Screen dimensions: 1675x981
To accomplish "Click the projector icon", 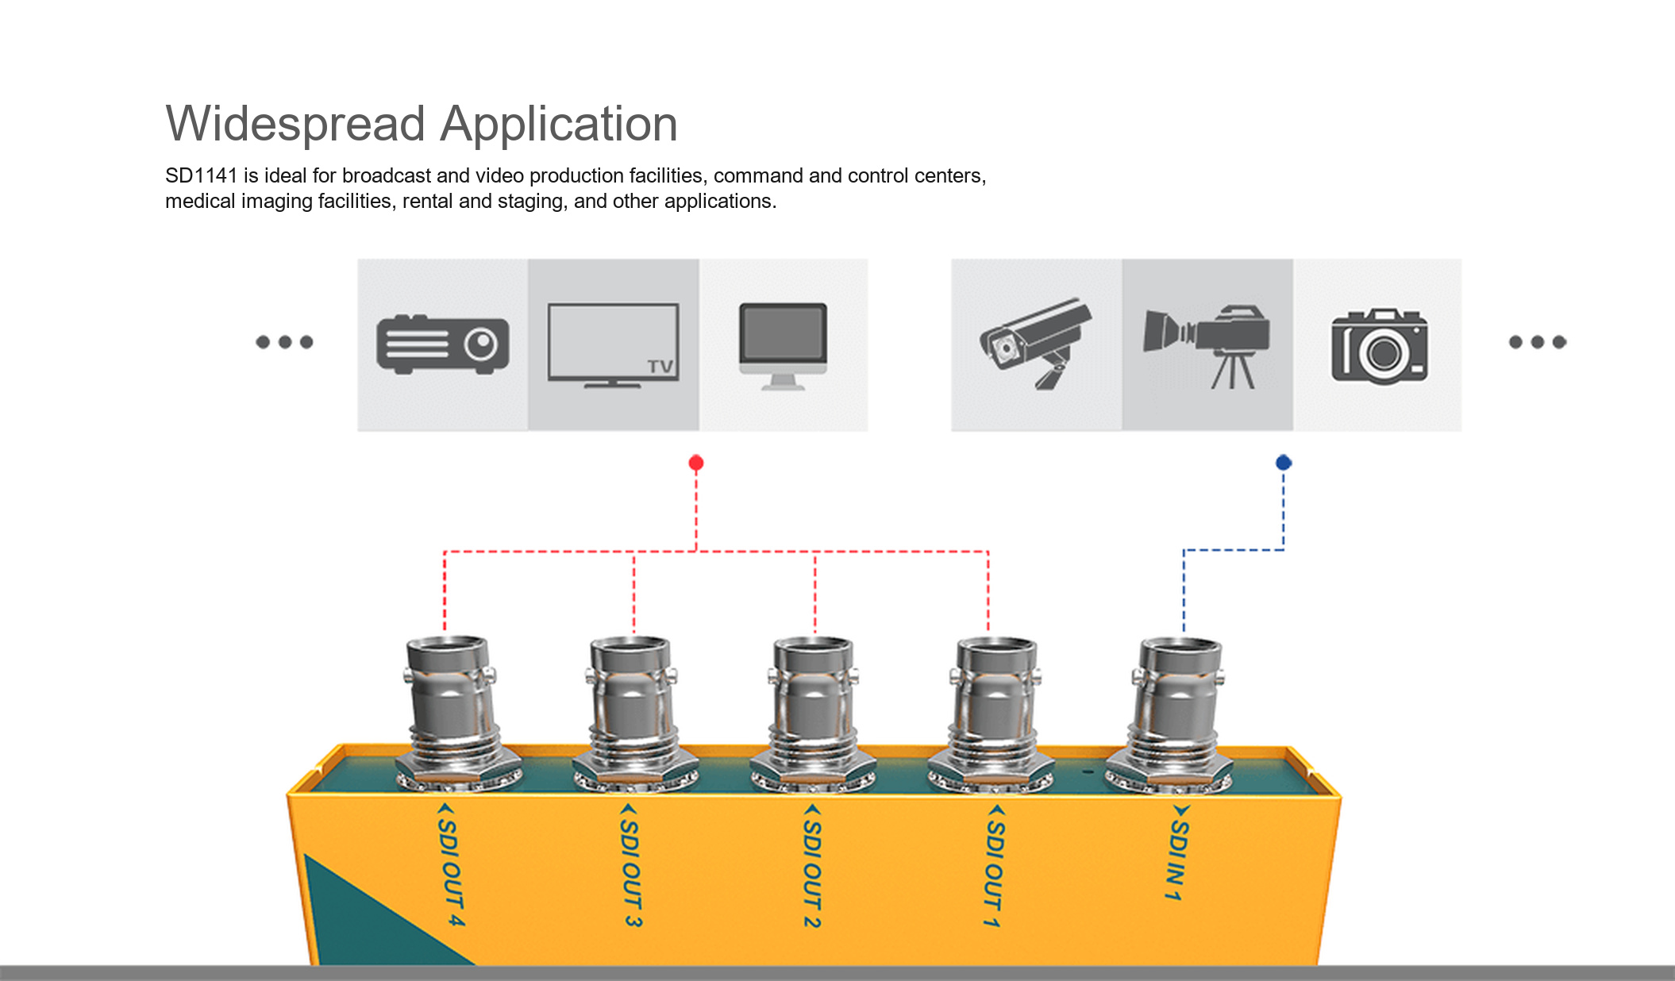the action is [443, 344].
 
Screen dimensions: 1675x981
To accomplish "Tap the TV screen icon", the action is [613, 345].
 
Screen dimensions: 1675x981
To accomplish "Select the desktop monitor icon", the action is [783, 346].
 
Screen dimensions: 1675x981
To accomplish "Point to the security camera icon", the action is [1036, 343].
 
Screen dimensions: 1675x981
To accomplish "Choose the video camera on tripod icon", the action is [1207, 346].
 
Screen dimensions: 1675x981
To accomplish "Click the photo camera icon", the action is [1380, 346].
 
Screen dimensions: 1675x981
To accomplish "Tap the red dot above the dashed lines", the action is [696, 463].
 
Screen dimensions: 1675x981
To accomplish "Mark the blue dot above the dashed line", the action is [1284, 462].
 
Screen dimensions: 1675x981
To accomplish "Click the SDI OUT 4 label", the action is [450, 864].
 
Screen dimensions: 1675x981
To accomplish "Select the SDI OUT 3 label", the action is [631, 865].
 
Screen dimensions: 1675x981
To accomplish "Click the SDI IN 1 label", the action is [1179, 853].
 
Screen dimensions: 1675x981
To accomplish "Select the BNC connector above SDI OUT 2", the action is [814, 715].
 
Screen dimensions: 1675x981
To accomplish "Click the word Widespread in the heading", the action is [295, 125].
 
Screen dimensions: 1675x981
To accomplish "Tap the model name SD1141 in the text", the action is [202, 175].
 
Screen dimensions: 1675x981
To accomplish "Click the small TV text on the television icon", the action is [660, 366].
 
